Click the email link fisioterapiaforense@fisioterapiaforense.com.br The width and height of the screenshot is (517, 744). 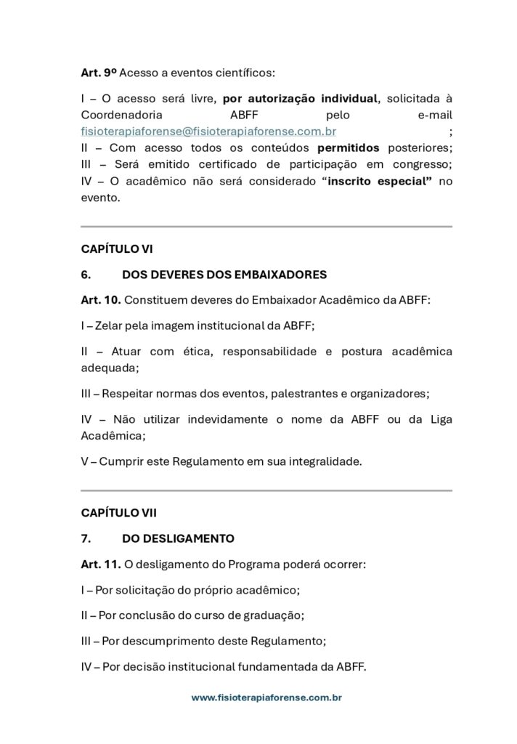pyautogui.click(x=208, y=132)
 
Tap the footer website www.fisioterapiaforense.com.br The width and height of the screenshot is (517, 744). pyautogui.click(x=266, y=697)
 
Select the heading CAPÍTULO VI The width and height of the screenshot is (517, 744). pyautogui.click(x=117, y=248)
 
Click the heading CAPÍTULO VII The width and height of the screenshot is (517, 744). pyautogui.click(x=119, y=512)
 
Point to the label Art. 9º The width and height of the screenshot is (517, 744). pyautogui.click(x=98, y=73)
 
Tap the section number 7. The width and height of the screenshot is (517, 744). pyautogui.click(x=85, y=538)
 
